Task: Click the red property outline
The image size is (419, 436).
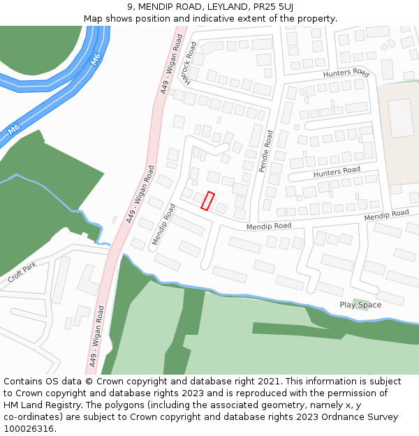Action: point(207,201)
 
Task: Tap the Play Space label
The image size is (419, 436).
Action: point(360,305)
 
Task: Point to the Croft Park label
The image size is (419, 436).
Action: point(22,273)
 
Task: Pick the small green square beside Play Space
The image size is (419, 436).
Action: point(358,301)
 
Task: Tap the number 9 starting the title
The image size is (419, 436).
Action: point(130,7)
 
